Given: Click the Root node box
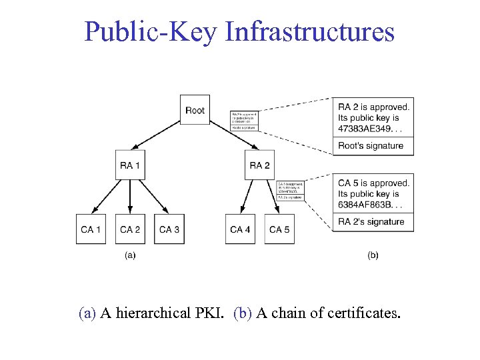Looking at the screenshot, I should coord(195,110).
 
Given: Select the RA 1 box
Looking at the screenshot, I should coord(129,165).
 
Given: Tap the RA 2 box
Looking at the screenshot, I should coord(259,165).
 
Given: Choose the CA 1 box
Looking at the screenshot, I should coord(91,229).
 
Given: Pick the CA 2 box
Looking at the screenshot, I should coord(129,229).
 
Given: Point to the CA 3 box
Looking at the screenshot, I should coord(169,229).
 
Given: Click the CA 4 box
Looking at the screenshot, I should coord(240,229).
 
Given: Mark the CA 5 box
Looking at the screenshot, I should coord(279,229).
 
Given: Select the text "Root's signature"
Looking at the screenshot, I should coord(371,145).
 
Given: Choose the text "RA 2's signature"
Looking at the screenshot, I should coord(371,221).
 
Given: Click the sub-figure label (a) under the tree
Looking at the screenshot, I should coord(130,255).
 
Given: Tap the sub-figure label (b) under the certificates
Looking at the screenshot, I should coord(373,255).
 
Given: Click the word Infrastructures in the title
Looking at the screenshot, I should coord(310,31).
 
